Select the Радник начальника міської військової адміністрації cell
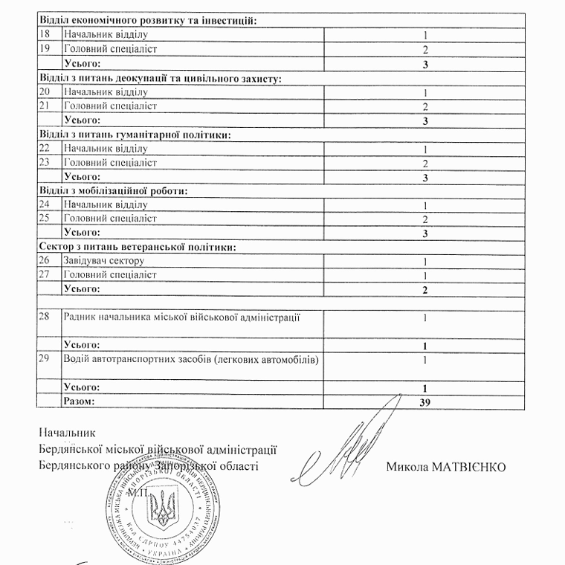coord(181,317)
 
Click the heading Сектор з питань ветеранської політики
coord(138,248)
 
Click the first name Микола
coord(405,467)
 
